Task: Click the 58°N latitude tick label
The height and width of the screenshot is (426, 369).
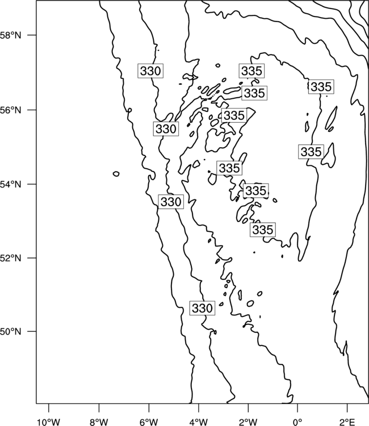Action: click(10, 35)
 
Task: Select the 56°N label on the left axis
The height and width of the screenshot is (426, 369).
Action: click(10, 110)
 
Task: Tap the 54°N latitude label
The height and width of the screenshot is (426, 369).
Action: click(10, 185)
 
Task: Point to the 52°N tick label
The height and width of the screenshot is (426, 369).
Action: click(10, 258)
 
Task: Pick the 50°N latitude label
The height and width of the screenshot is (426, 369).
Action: click(10, 332)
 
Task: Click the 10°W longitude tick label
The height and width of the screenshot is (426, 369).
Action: click(49, 422)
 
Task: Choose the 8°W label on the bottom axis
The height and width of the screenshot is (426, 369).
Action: click(99, 422)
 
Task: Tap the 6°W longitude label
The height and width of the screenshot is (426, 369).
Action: click(149, 422)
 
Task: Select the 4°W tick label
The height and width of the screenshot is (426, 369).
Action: click(199, 422)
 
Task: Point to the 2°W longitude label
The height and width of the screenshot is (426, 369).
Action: click(248, 422)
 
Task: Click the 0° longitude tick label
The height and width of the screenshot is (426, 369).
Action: click(297, 422)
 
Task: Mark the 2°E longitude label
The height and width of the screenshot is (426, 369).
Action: click(347, 422)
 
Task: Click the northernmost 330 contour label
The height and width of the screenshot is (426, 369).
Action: click(150, 71)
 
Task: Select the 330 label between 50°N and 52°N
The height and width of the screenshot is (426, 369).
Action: click(202, 308)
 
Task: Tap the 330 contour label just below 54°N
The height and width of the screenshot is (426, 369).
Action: click(171, 202)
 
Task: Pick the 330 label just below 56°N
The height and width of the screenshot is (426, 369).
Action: click(166, 129)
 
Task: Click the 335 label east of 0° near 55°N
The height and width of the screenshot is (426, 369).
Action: click(311, 152)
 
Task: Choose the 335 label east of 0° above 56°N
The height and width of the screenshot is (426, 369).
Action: click(321, 87)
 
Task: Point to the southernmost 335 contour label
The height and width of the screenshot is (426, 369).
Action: click(263, 229)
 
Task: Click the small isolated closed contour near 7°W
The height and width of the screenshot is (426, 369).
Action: click(116, 174)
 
